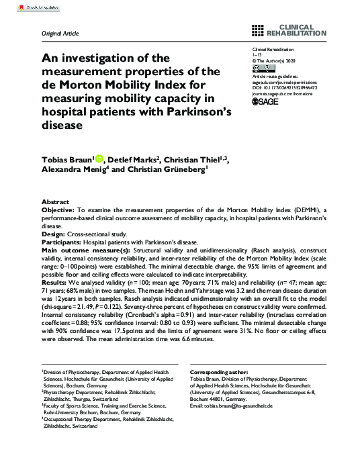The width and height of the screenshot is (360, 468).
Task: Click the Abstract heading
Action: (55, 202)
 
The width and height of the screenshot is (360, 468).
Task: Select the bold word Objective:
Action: (58, 210)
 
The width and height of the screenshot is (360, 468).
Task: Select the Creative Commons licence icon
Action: (261, 68)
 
